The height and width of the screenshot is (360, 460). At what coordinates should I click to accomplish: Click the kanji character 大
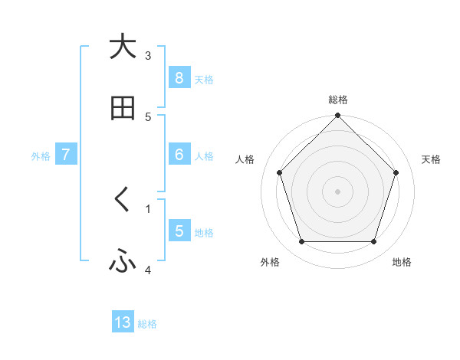(x=123, y=47)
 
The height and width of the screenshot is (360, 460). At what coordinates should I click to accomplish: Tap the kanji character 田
(x=123, y=109)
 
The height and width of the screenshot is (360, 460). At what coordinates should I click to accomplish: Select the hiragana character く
(x=123, y=200)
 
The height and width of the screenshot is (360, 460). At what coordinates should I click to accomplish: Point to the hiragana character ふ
(x=123, y=262)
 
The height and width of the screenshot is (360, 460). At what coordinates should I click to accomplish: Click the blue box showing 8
(x=179, y=77)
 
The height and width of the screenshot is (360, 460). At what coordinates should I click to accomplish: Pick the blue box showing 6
(x=179, y=155)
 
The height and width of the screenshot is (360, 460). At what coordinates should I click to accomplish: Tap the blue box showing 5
(x=179, y=231)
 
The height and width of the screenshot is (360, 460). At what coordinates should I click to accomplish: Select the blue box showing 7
(x=66, y=155)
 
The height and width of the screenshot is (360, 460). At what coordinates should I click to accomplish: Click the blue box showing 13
(x=123, y=322)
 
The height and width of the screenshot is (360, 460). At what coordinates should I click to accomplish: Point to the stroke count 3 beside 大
(x=148, y=55)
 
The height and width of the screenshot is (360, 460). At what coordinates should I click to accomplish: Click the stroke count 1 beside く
(x=148, y=208)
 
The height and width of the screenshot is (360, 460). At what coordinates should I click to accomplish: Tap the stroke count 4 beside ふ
(x=148, y=270)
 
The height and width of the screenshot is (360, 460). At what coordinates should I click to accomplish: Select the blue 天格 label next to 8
(x=204, y=79)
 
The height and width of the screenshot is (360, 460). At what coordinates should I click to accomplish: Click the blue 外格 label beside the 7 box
(x=41, y=156)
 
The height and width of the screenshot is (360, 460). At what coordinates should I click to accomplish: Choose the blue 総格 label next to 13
(x=147, y=324)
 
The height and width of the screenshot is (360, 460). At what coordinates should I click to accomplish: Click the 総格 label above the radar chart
(x=337, y=100)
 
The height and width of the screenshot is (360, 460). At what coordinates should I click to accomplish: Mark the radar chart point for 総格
(x=337, y=116)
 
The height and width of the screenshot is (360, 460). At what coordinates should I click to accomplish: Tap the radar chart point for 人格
(x=280, y=172)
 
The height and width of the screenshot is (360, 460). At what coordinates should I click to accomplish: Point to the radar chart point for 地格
(x=373, y=242)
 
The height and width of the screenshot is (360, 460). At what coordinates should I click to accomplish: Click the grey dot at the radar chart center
(x=337, y=191)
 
